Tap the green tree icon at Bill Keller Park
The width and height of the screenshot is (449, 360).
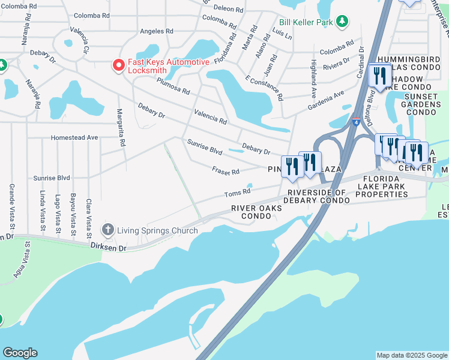click(x=342, y=22)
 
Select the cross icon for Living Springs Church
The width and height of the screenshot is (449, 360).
click(x=107, y=229)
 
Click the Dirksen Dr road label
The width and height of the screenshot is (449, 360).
click(x=109, y=246)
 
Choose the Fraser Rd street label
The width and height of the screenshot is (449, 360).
click(x=226, y=171)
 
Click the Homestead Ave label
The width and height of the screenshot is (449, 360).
click(x=74, y=137)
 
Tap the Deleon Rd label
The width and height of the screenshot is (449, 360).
click(x=230, y=10)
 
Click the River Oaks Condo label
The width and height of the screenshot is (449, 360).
click(x=256, y=212)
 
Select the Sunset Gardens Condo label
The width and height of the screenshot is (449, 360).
click(x=422, y=104)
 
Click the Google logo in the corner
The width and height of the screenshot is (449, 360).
click(x=20, y=353)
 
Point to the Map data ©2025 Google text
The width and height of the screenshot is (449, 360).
click(x=411, y=355)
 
